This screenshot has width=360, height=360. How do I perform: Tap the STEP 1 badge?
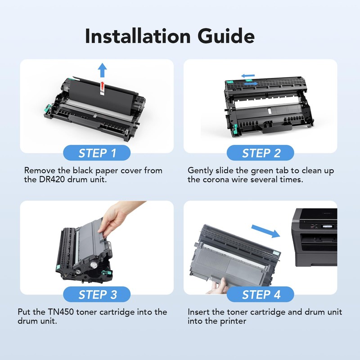click(97, 153)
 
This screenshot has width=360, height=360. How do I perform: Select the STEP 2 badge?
click(261, 153)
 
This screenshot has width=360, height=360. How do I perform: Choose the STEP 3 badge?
click(97, 295)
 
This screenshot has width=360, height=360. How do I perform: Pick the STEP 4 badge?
click(261, 295)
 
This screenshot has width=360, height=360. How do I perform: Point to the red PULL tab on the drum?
click(103, 88)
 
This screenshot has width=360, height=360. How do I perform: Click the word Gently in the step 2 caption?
click(202, 171)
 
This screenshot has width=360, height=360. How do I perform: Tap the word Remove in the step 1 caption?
click(39, 171)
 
